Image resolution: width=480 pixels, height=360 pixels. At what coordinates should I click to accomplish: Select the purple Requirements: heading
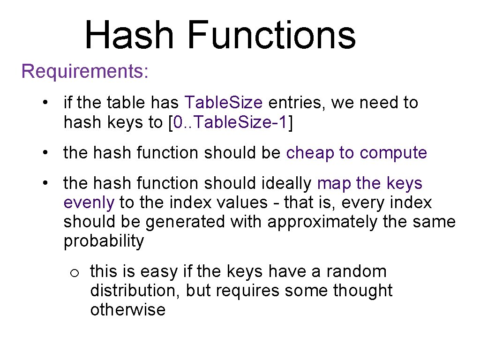click(x=85, y=72)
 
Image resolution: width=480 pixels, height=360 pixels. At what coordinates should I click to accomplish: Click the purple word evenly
click(x=89, y=203)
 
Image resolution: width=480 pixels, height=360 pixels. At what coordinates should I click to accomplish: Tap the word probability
click(x=104, y=241)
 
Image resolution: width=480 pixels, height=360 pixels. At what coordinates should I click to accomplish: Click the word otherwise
click(x=127, y=310)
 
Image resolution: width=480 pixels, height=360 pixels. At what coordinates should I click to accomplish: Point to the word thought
click(x=362, y=291)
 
